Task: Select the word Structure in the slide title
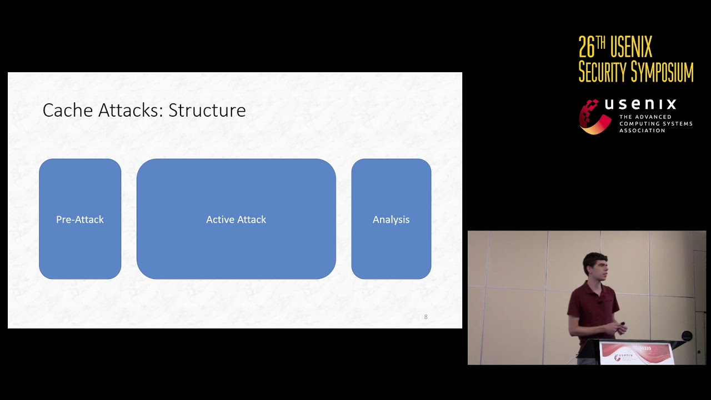pyautogui.click(x=207, y=110)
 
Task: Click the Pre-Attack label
pyautogui.click(x=80, y=219)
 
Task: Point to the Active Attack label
pyautogui.click(x=236, y=219)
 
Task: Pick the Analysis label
pyautogui.click(x=391, y=219)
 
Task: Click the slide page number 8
pyautogui.click(x=426, y=317)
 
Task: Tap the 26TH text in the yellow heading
pyautogui.click(x=592, y=47)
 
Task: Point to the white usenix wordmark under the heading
pyautogui.click(x=640, y=104)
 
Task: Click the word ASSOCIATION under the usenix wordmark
pyautogui.click(x=642, y=131)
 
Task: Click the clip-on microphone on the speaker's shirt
pyautogui.click(x=600, y=302)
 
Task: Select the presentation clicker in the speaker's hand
pyautogui.click(x=622, y=324)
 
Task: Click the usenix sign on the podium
pyautogui.click(x=637, y=353)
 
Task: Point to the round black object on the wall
pyautogui.click(x=687, y=336)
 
